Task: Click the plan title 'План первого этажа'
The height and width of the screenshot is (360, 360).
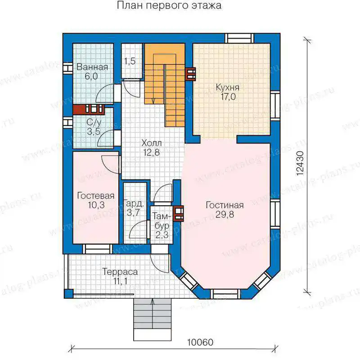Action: pos(169,5)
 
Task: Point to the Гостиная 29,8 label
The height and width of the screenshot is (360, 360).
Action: pos(225,210)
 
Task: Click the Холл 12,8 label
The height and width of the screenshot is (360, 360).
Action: pos(152,148)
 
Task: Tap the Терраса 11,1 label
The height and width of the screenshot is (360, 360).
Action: pos(120,276)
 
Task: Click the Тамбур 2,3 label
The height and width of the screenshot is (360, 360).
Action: pos(162,225)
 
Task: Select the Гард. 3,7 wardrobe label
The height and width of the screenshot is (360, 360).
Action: pos(134,208)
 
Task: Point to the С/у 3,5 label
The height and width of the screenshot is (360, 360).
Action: pos(94,127)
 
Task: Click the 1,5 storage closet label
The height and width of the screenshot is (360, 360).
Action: pos(130,61)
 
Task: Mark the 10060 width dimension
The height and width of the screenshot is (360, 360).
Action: pos(200,342)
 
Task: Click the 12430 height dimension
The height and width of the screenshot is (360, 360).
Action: pos(300,163)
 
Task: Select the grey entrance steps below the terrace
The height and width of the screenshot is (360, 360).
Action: pos(153,319)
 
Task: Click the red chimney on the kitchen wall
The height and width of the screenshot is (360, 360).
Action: pos(190,74)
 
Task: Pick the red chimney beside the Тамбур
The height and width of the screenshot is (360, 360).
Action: pos(178,213)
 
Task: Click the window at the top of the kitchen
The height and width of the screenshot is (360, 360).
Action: pos(239,38)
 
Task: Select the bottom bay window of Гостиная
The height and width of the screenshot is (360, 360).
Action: pos(225,294)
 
